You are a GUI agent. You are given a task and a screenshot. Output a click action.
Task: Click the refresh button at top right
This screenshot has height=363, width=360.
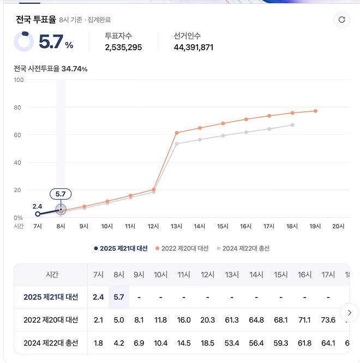click(342, 20)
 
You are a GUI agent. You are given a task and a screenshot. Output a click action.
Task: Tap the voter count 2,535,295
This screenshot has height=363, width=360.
click(123, 47)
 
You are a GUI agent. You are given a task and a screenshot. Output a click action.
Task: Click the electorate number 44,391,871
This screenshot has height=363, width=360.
click(194, 47)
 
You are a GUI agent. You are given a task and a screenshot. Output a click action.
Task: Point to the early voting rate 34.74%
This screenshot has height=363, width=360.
click(75, 69)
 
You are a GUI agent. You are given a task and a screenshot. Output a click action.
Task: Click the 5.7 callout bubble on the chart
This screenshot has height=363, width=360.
click(61, 194)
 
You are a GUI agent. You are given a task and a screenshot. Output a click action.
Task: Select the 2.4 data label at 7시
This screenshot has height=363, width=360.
click(37, 206)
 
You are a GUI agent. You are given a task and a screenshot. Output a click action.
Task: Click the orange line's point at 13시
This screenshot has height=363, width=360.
click(177, 133)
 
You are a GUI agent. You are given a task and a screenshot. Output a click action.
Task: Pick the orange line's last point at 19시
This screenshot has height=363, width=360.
click(315, 111)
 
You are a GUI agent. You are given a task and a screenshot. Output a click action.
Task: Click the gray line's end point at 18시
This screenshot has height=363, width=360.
click(292, 125)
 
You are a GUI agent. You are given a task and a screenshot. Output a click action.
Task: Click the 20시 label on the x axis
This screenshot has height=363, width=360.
click(338, 226)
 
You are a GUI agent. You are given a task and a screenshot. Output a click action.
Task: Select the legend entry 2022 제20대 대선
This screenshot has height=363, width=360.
click(182, 248)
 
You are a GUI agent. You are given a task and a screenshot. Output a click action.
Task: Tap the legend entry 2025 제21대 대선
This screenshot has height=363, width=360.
click(121, 248)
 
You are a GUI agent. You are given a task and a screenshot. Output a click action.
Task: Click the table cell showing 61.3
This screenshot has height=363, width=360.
click(232, 320)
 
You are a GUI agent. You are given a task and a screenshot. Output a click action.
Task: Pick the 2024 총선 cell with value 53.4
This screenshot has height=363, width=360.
click(232, 343)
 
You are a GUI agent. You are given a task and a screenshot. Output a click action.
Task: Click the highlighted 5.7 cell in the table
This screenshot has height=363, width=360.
click(118, 297)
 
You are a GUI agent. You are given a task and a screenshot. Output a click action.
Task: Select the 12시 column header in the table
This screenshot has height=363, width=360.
click(208, 275)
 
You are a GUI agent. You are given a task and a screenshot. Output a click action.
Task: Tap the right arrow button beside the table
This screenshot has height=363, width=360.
click(349, 313)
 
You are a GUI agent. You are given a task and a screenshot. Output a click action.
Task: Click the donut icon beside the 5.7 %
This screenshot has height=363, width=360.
click(23, 42)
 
